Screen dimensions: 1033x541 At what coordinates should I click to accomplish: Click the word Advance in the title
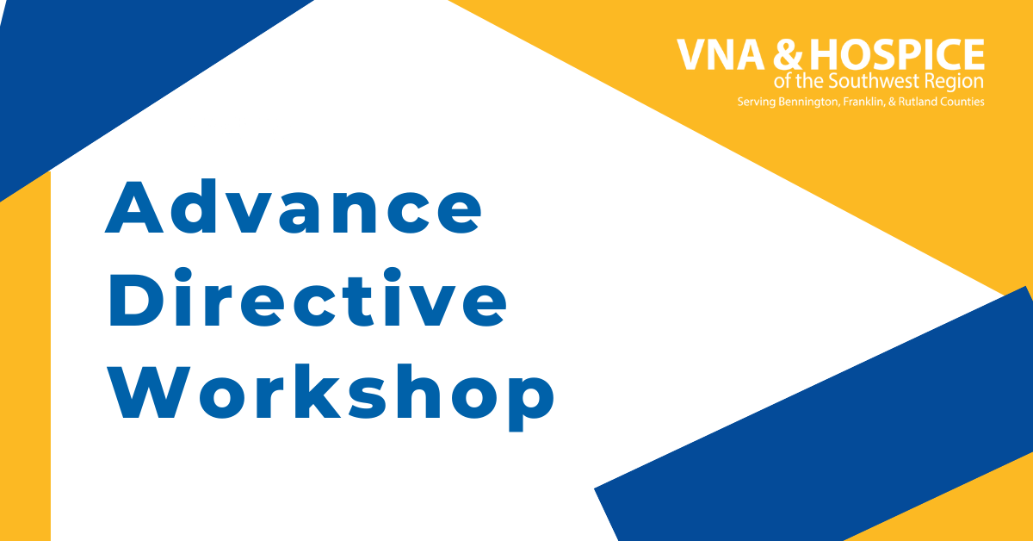click(x=294, y=207)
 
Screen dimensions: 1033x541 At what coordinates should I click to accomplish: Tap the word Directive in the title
click(x=307, y=297)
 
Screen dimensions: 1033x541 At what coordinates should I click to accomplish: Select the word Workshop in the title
click(x=331, y=397)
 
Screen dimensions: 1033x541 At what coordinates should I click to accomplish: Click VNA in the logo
click(x=721, y=55)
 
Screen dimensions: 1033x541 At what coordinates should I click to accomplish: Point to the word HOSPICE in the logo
click(x=897, y=55)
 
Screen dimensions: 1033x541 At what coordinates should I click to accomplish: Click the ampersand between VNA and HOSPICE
click(x=788, y=55)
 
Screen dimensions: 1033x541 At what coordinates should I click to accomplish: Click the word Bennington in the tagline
click(x=808, y=102)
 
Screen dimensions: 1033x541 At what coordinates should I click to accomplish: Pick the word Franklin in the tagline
click(x=863, y=102)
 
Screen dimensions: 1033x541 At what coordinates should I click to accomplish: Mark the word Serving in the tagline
click(x=757, y=102)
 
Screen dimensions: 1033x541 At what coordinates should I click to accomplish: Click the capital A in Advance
click(x=133, y=207)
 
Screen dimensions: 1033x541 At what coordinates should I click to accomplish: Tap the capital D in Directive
click(x=136, y=298)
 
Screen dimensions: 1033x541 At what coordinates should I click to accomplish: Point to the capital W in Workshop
click(x=148, y=391)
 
